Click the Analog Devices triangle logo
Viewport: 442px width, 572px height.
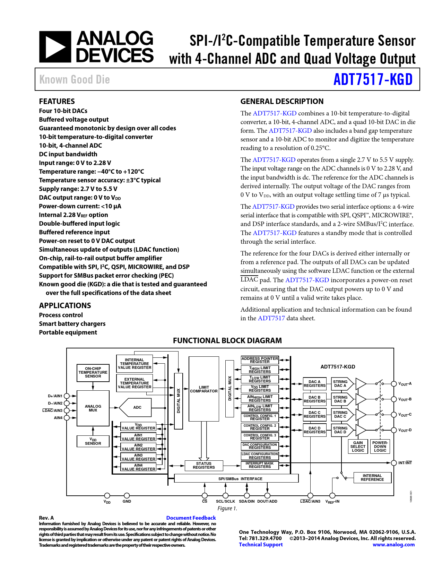55,47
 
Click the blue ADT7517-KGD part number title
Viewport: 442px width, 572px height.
373,79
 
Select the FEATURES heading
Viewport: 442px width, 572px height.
57,101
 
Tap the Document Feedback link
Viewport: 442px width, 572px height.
191,518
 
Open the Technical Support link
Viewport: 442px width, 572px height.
261,545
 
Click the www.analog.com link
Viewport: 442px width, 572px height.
393,545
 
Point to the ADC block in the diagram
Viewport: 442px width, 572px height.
136,407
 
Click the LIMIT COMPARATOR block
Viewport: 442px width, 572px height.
204,389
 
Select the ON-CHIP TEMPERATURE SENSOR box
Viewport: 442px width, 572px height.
93,372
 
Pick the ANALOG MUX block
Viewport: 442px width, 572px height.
93,408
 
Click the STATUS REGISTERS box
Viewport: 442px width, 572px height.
203,465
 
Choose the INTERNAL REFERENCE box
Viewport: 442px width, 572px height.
372,478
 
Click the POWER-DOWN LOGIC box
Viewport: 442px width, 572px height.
380,447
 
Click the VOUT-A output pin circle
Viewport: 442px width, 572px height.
394,384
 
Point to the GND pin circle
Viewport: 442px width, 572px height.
127,496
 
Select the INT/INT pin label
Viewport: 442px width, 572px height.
405,463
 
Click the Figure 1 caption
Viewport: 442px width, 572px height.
227,508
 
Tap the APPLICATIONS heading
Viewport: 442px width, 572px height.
65,305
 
